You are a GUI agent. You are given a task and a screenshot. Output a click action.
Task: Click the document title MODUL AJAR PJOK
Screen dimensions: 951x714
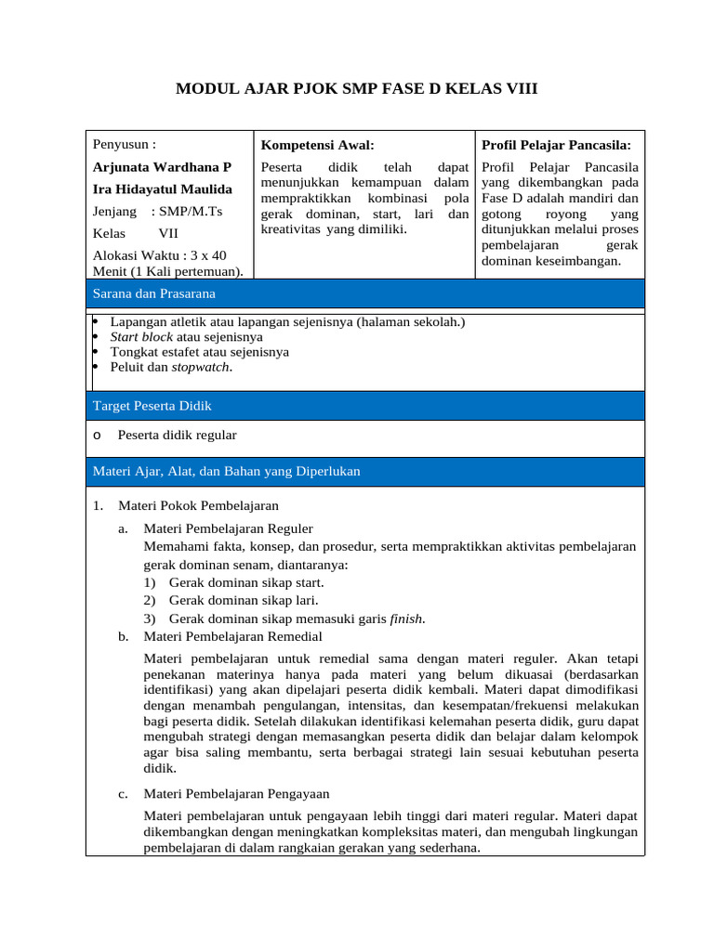coord(357,89)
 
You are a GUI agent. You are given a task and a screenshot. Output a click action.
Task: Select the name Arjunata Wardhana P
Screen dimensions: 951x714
coord(162,167)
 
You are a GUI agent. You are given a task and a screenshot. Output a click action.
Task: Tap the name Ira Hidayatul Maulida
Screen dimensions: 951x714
coord(163,189)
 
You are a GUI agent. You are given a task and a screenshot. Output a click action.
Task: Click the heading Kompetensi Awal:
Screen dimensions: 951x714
coord(317,145)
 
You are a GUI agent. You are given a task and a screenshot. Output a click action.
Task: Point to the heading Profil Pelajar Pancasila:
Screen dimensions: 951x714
coord(556,145)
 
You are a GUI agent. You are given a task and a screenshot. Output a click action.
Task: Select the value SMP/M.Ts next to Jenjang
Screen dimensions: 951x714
coord(191,212)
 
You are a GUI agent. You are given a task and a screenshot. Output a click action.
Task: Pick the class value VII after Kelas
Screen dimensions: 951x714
coord(168,234)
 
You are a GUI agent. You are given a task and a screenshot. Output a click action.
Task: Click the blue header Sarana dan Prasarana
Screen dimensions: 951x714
coord(153,293)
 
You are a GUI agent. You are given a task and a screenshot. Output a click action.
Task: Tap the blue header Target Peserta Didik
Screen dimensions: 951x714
coord(152,406)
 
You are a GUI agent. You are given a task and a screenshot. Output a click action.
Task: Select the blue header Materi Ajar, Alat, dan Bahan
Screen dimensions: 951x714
coord(226,472)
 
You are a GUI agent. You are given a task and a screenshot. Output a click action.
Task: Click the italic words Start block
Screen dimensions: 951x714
coord(141,337)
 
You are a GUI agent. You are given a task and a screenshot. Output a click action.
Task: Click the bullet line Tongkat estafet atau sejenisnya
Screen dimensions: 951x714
coord(199,352)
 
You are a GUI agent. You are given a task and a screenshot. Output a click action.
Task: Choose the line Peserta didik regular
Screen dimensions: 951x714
coord(177,435)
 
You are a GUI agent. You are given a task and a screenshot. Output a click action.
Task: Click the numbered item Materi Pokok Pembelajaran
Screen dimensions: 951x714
coord(198,505)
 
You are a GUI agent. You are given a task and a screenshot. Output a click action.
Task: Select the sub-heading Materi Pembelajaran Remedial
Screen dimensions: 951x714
coord(232,636)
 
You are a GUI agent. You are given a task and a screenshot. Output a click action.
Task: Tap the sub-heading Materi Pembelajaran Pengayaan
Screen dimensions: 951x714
coord(235,794)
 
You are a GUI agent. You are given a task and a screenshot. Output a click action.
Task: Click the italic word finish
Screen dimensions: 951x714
coord(406,619)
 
